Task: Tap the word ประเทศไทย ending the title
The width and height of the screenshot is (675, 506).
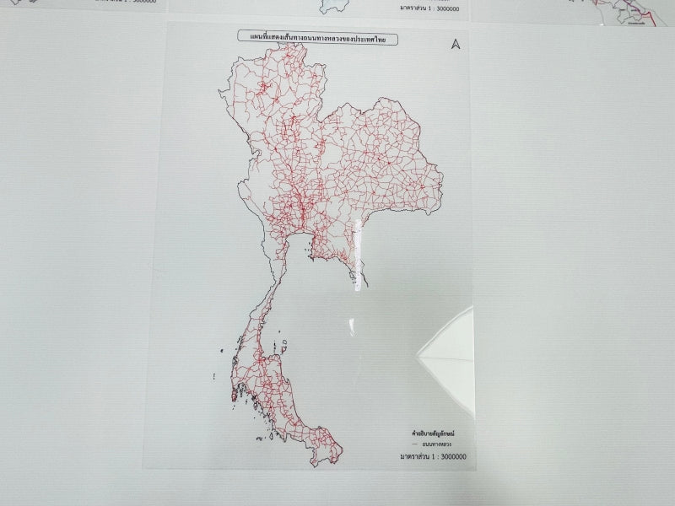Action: click(377, 39)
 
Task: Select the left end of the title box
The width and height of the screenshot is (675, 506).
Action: click(240, 39)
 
